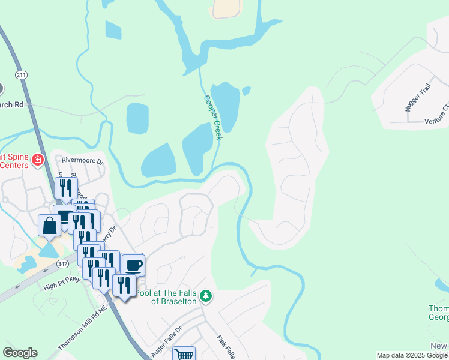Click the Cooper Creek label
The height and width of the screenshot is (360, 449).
click(213, 118)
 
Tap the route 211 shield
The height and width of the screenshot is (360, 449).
click(22, 74)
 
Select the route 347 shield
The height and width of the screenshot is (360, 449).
click(62, 263)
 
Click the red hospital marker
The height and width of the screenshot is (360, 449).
click(38, 160)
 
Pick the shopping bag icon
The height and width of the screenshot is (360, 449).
click(49, 226)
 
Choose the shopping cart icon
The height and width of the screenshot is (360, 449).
click(184, 355)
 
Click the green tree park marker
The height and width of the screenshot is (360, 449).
click(206, 296)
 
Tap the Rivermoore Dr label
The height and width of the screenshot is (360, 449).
click(83, 161)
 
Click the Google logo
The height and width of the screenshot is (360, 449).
click(20, 353)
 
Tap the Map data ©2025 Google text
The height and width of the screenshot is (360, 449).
click(412, 355)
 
